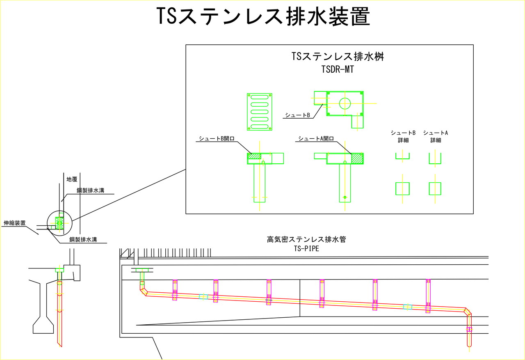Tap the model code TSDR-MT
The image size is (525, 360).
[x=338, y=70]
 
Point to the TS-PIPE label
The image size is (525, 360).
[x=306, y=248]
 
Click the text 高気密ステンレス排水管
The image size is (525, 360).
[x=306, y=239]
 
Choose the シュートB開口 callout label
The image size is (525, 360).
[x=216, y=139]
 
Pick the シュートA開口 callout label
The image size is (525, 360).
[x=316, y=139]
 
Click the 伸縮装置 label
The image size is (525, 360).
[x=14, y=223]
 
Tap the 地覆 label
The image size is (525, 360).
[x=72, y=179]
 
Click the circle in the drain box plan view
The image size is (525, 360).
[x=345, y=103]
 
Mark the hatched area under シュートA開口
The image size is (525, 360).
[x=357, y=159]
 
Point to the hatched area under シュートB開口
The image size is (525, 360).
[x=254, y=156]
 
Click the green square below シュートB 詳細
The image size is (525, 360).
[x=402, y=189]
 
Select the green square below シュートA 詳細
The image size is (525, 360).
[x=435, y=189]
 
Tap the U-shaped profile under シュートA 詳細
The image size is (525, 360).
[x=435, y=159]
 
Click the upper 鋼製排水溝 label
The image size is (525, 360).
[x=93, y=190]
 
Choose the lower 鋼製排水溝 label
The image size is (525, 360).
[x=83, y=239]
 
